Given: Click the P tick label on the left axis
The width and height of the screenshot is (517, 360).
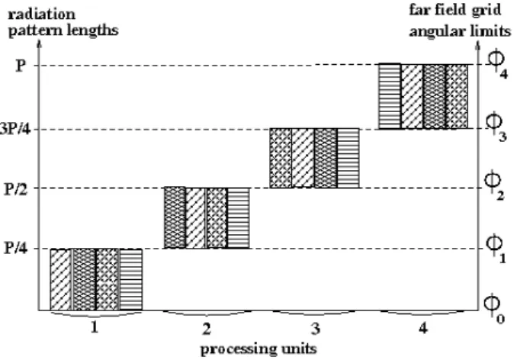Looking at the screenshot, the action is (x=21, y=66).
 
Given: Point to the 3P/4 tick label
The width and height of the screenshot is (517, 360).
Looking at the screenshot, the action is (x=14, y=129).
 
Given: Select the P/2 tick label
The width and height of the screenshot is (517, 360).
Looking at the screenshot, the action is (x=17, y=189).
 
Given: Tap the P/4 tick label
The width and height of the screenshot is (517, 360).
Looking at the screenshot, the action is (x=17, y=248).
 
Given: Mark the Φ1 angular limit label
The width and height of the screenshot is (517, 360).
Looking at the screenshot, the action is (x=496, y=248).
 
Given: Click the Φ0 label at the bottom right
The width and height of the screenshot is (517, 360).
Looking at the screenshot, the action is (x=494, y=307).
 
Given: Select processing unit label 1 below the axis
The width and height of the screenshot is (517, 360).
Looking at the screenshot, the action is (x=95, y=328).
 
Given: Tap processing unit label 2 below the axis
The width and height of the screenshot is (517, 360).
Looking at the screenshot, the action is (x=206, y=329).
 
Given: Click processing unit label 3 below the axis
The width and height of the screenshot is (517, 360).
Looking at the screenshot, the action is (x=316, y=329).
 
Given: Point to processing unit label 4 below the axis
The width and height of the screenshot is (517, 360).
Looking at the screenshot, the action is (x=423, y=328).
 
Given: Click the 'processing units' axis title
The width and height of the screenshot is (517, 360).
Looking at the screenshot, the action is (x=258, y=349).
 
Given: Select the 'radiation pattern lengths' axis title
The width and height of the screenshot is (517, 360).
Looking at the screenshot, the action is (x=63, y=23).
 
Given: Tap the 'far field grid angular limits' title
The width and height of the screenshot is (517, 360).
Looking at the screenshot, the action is (x=460, y=21).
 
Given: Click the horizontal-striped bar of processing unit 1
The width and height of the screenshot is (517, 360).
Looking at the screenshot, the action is (x=130, y=280).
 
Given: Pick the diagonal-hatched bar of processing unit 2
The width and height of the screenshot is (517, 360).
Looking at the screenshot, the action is (x=196, y=218).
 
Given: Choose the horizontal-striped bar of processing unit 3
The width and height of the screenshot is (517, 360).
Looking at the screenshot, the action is (x=348, y=158).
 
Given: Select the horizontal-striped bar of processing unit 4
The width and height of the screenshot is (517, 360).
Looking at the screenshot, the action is (x=390, y=96).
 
